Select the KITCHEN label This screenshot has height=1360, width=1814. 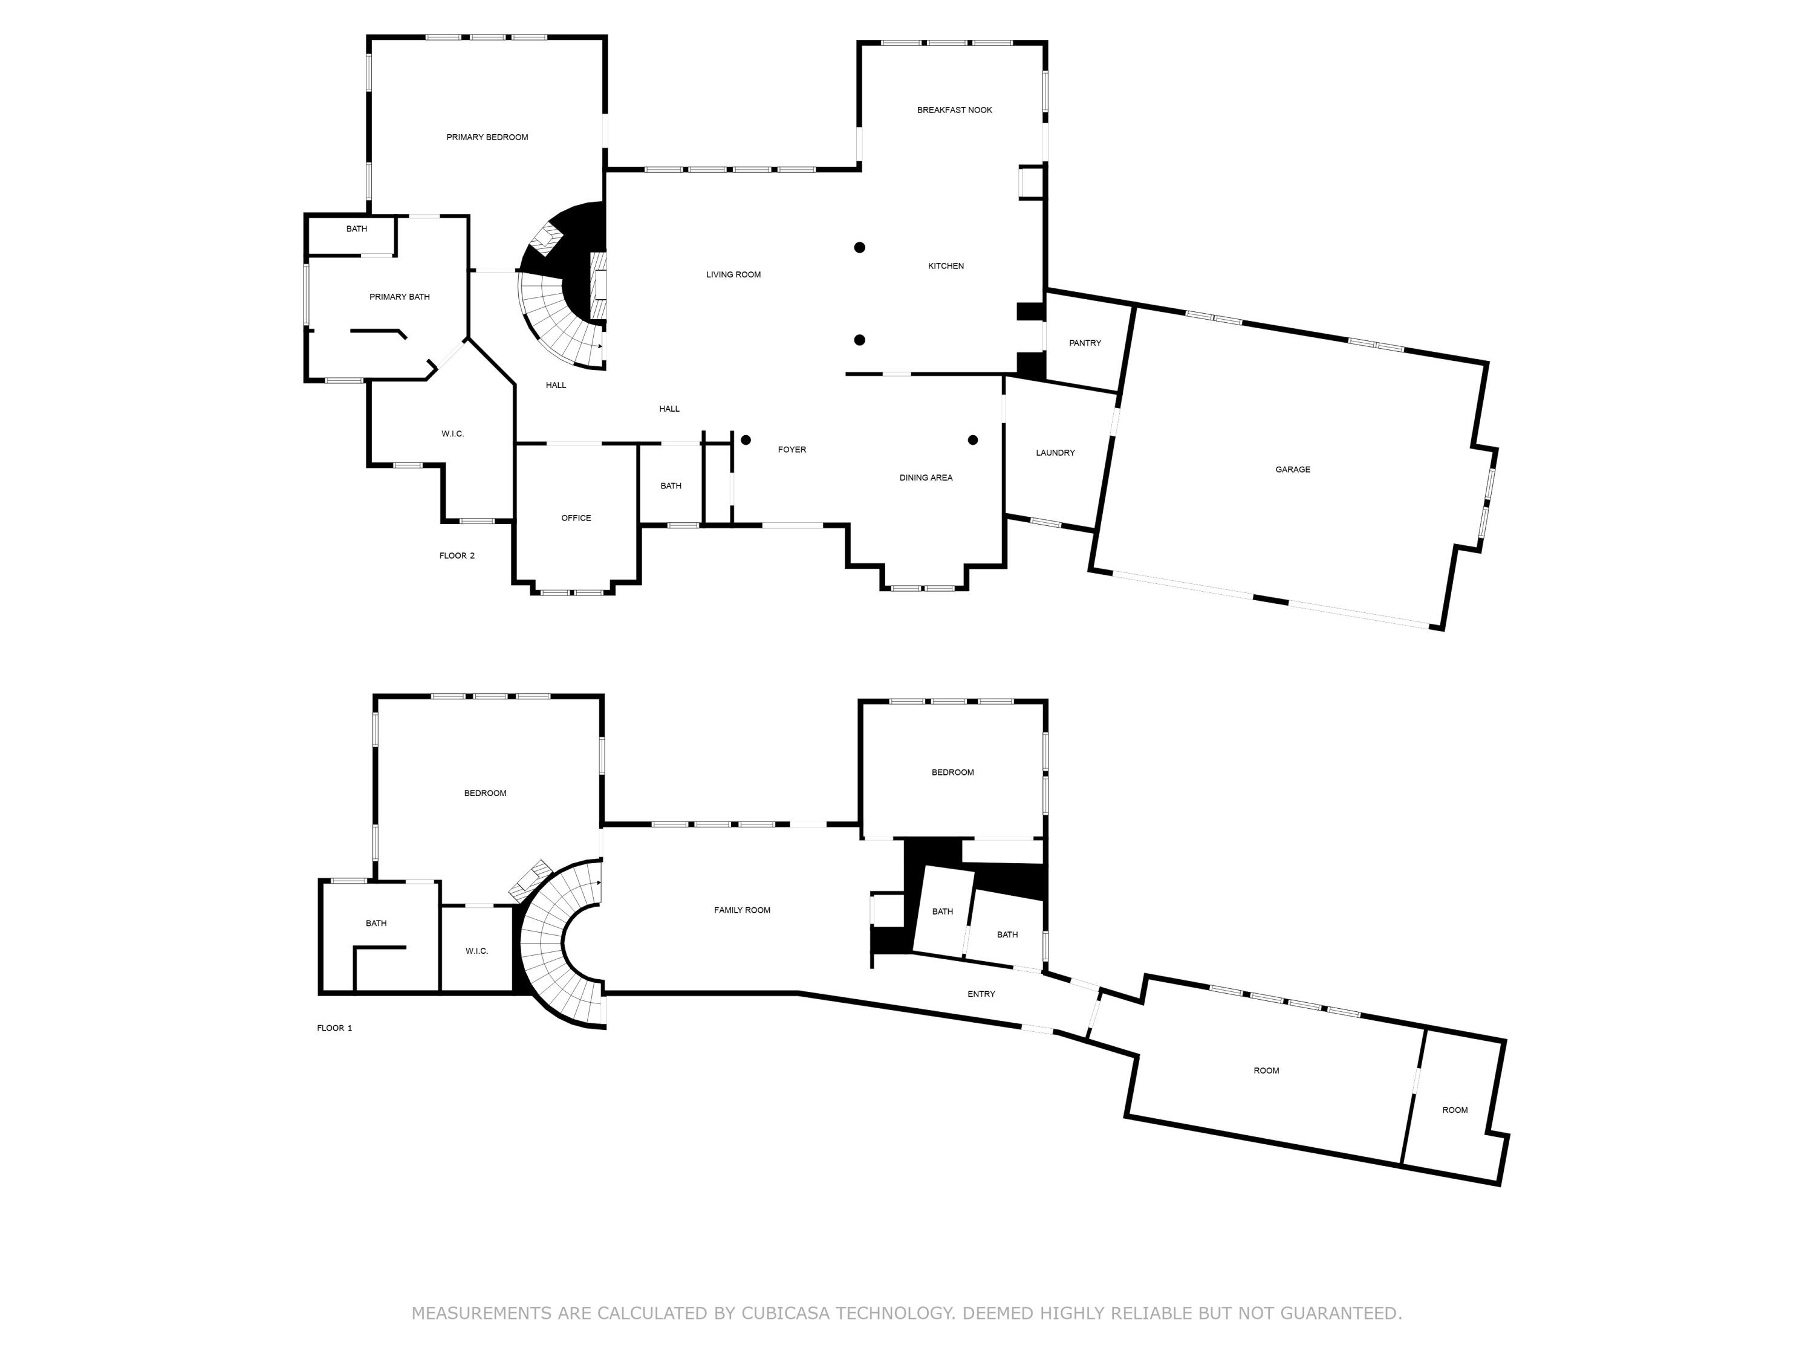(x=946, y=265)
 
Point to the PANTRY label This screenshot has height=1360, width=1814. (x=1084, y=343)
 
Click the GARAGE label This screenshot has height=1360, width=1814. (x=1292, y=470)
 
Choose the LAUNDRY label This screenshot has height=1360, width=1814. (x=1055, y=453)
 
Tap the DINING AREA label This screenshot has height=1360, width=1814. (x=925, y=477)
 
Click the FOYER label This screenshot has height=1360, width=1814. (x=792, y=449)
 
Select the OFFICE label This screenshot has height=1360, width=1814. (x=576, y=518)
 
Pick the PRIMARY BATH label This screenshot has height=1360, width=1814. (x=398, y=297)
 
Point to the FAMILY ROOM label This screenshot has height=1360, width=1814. (x=741, y=910)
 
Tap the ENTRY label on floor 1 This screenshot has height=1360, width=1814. (x=981, y=994)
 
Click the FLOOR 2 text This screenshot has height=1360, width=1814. (x=457, y=556)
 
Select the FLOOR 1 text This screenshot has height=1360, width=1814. (x=334, y=1028)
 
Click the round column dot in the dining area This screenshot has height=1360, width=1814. (x=972, y=440)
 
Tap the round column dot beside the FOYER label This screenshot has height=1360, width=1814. (x=746, y=440)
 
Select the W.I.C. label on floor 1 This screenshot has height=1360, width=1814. (x=476, y=951)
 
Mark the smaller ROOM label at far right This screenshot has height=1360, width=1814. (x=1455, y=1110)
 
